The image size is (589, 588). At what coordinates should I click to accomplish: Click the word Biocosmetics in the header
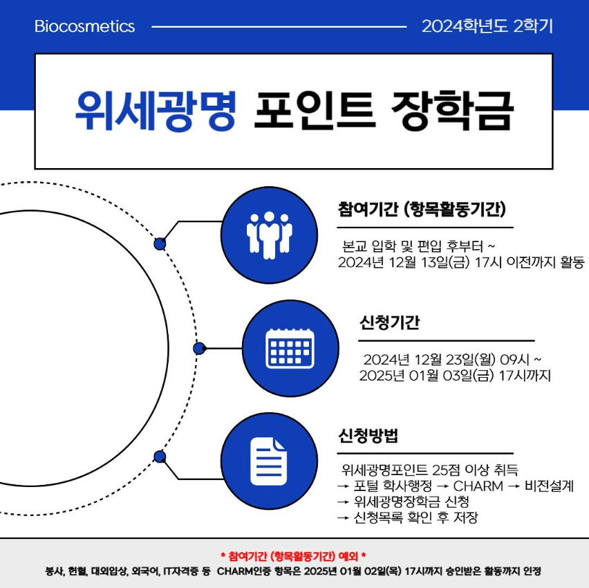coord(84,26)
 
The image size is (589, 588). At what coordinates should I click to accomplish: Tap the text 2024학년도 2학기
coord(487,26)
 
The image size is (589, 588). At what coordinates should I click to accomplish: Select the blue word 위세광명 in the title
coord(156,111)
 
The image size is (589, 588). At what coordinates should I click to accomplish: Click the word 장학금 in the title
coord(452,111)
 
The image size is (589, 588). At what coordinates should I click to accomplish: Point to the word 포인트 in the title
coord(315,111)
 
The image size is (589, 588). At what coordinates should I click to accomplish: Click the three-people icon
coord(270,235)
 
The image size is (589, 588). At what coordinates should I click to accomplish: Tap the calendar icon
coord(290,348)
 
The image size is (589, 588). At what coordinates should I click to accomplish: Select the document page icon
coord(268,461)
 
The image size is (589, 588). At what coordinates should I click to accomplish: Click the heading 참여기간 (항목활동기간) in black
coord(422,209)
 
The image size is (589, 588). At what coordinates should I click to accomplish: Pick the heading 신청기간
coord(389,322)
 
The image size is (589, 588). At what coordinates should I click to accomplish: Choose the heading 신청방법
coord(368,435)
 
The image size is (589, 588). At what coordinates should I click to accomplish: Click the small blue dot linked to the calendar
coord(200,349)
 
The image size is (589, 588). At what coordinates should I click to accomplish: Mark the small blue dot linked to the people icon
coord(160,244)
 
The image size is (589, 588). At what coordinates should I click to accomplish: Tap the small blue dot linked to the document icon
coord(160,457)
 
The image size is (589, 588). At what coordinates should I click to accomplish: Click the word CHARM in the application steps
coord(478,486)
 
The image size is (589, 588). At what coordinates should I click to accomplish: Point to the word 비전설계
coord(549,486)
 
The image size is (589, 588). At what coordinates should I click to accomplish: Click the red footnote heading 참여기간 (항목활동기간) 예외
coord(293,556)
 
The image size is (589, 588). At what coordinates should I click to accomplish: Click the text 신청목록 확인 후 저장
coord(416,517)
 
